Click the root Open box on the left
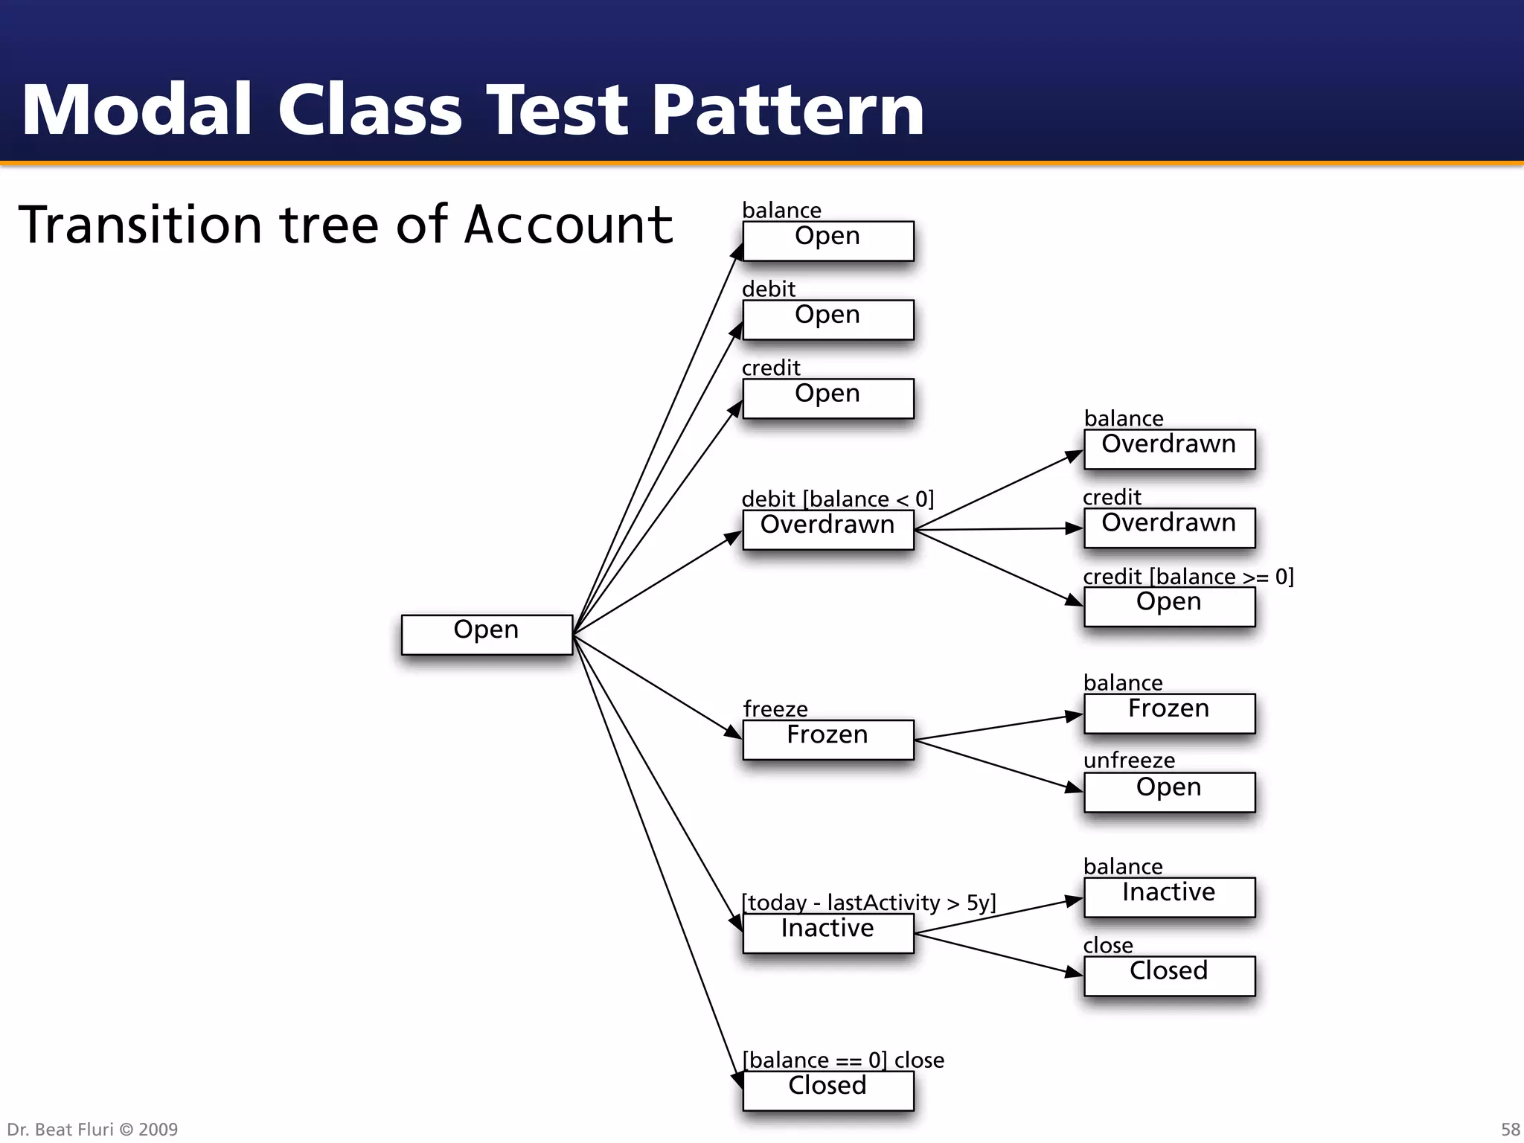(487, 634)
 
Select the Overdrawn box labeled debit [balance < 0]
(827, 529)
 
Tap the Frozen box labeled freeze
(827, 739)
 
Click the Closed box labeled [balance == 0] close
(827, 1090)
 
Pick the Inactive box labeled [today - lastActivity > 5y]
(827, 932)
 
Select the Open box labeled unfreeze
(1168, 792)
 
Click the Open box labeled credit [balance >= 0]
(1168, 606)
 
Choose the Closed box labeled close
(1168, 976)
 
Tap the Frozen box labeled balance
(1168, 713)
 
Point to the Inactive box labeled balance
(1168, 897)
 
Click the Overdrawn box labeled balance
(1168, 449)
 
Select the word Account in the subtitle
(569, 225)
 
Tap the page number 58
(1510, 1129)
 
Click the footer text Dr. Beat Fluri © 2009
(92, 1129)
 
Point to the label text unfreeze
(1129, 760)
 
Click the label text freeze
(775, 708)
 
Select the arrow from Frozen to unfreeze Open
(997, 764)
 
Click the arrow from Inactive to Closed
(997, 953)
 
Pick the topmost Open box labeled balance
(827, 240)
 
